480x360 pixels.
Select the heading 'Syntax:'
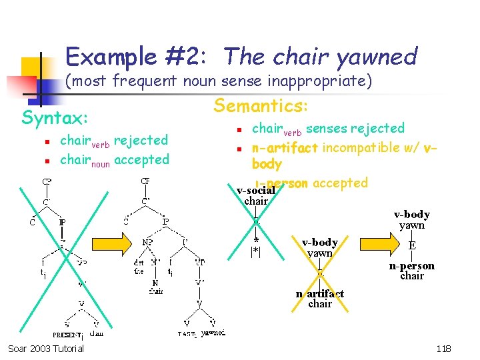(x=55, y=118)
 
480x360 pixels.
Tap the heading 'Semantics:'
(x=260, y=105)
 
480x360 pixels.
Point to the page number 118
(x=443, y=349)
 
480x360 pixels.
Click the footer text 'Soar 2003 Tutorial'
(x=46, y=349)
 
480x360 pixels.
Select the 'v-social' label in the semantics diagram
(x=255, y=191)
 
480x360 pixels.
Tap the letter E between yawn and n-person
(x=412, y=245)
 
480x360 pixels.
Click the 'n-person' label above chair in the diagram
(x=411, y=266)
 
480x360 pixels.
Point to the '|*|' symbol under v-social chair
(x=255, y=251)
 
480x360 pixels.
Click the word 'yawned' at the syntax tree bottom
(x=213, y=333)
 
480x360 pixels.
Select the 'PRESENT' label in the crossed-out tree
(x=67, y=335)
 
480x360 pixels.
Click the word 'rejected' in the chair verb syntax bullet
(x=141, y=140)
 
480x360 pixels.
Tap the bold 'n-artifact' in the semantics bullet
(x=285, y=147)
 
